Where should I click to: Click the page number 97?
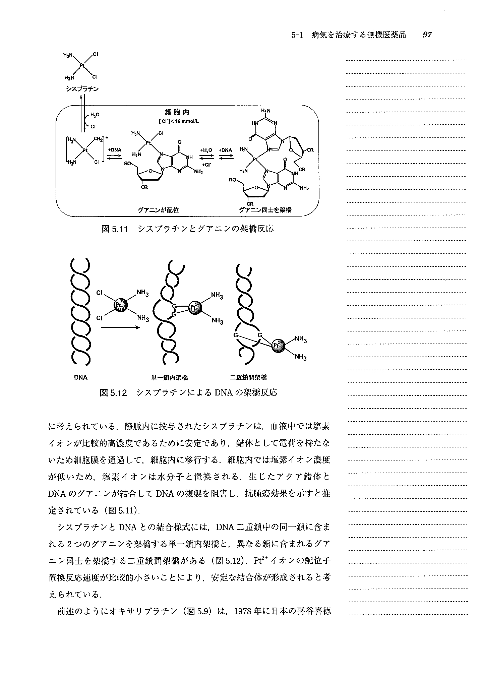pyautogui.click(x=427, y=35)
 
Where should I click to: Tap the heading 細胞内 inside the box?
pyautogui.click(x=177, y=112)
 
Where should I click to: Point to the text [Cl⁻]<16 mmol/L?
pyautogui.click(x=179, y=121)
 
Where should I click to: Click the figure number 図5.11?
pyautogui.click(x=115, y=229)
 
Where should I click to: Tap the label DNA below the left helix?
pyautogui.click(x=80, y=378)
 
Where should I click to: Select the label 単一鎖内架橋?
pyautogui.click(x=169, y=378)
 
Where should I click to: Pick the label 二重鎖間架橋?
pyautogui.click(x=248, y=378)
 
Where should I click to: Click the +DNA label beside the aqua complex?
pyautogui.click(x=115, y=150)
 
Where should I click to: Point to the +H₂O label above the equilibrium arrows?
pyautogui.click(x=206, y=150)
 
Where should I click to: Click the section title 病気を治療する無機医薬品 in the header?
pyautogui.click(x=359, y=35)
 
